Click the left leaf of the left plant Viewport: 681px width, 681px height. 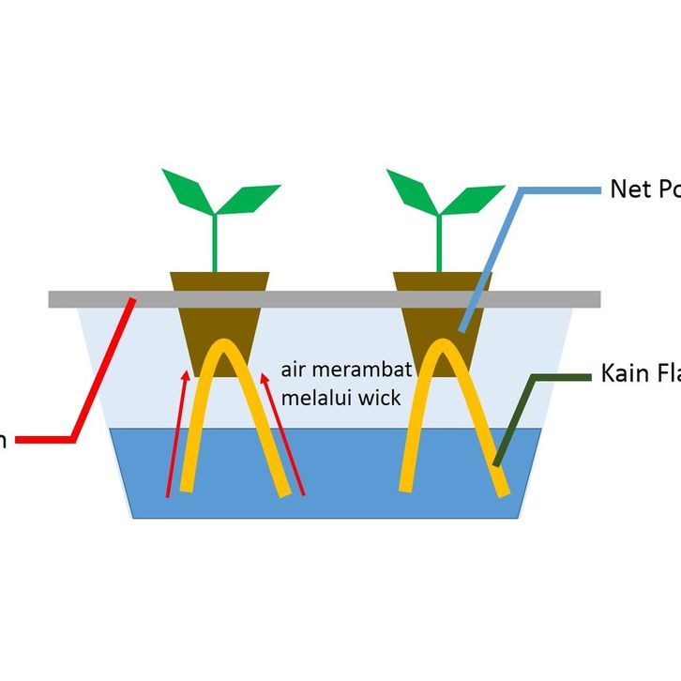tap(186, 189)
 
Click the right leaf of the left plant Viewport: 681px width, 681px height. tap(250, 198)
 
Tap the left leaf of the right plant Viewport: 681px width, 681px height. tap(411, 189)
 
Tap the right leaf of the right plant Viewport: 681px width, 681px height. tap(474, 198)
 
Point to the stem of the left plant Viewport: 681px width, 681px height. tap(215, 244)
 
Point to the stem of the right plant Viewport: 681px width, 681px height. tap(439, 244)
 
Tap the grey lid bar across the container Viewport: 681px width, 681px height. tap(324, 298)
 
